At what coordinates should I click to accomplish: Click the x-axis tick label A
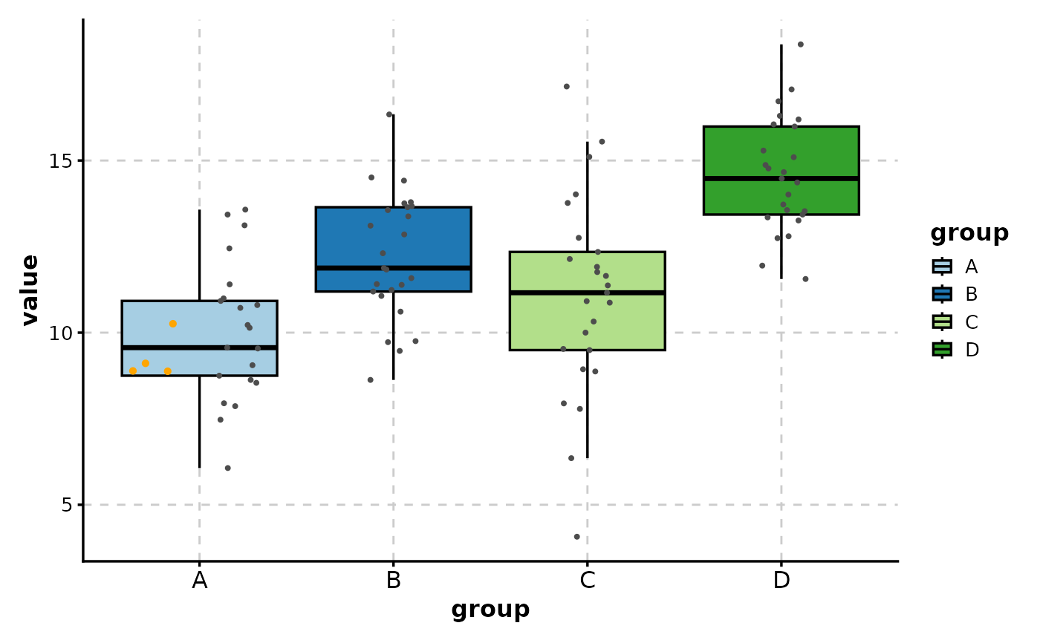tap(199, 581)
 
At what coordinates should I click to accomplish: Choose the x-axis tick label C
tap(588, 581)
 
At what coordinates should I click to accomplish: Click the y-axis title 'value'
tap(30, 290)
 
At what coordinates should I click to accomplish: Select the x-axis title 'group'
tap(490, 610)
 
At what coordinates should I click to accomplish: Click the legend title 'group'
tap(969, 233)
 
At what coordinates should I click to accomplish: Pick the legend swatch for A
tap(942, 267)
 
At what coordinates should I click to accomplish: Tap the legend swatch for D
tap(942, 350)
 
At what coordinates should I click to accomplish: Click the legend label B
tap(971, 295)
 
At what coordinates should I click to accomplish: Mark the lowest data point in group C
tap(577, 537)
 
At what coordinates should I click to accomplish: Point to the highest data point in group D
tap(800, 45)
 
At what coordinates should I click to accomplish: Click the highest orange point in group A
tap(173, 324)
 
